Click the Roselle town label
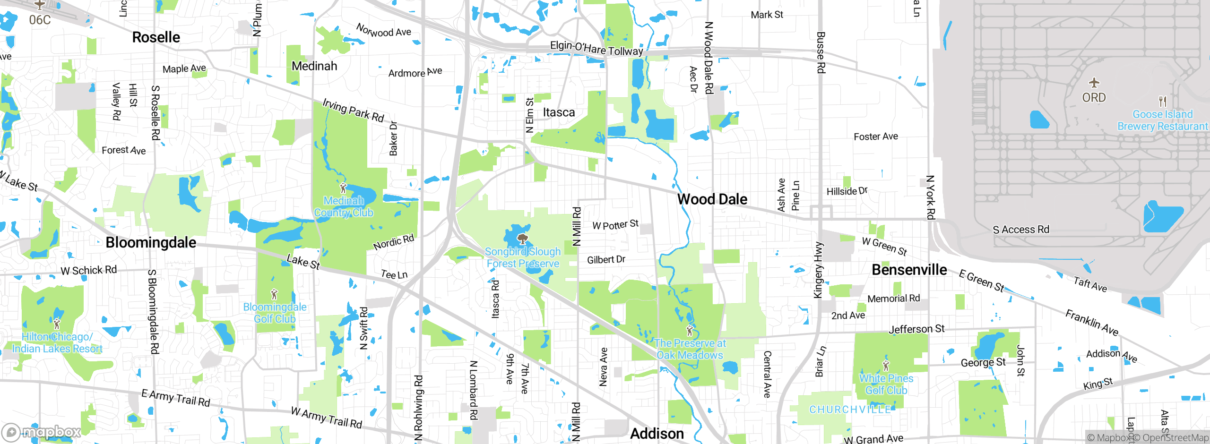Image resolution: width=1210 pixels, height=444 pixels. pyautogui.click(x=156, y=37)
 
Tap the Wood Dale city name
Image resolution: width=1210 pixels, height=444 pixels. pyautogui.click(x=712, y=199)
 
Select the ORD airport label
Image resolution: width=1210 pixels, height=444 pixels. pyautogui.click(x=1094, y=98)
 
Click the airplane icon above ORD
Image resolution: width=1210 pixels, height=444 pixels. pyautogui.click(x=1094, y=83)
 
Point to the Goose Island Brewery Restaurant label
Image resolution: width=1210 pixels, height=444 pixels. pyautogui.click(x=1162, y=120)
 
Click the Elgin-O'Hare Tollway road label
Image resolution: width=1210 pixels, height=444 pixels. pyautogui.click(x=596, y=48)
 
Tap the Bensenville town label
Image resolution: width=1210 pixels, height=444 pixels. pyautogui.click(x=909, y=270)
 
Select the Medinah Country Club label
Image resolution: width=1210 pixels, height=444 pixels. pyautogui.click(x=344, y=207)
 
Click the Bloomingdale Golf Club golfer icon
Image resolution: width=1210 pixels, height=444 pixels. pyautogui.click(x=274, y=295)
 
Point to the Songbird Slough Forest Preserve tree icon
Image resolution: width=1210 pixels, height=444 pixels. pyautogui.click(x=522, y=239)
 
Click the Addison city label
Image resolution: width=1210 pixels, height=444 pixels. pyautogui.click(x=657, y=434)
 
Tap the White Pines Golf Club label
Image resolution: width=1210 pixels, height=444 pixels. pyautogui.click(x=886, y=384)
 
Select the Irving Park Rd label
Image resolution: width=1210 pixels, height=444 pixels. pyautogui.click(x=353, y=110)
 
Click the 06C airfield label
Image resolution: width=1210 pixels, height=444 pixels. pyautogui.click(x=40, y=20)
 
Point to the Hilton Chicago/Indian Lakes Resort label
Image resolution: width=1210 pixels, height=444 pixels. pyautogui.click(x=57, y=343)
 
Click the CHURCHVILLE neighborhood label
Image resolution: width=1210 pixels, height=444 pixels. pyautogui.click(x=850, y=410)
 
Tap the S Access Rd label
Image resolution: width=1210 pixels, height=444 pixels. pyautogui.click(x=1021, y=230)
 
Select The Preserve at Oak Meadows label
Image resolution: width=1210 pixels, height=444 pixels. pyautogui.click(x=690, y=350)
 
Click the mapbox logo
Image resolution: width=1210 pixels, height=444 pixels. pyautogui.click(x=42, y=432)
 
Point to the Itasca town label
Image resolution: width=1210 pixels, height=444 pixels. pyautogui.click(x=559, y=112)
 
